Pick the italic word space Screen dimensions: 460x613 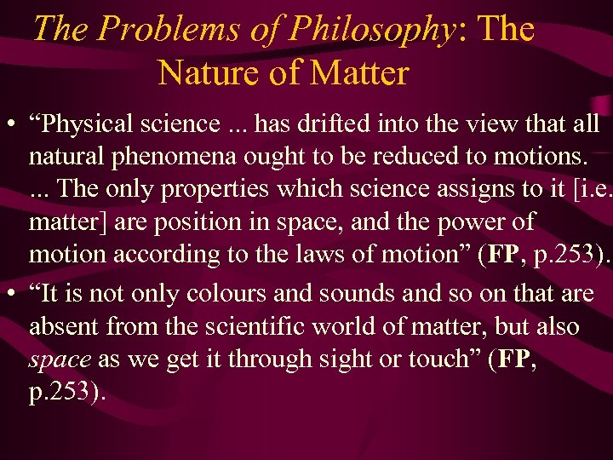click(60, 359)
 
